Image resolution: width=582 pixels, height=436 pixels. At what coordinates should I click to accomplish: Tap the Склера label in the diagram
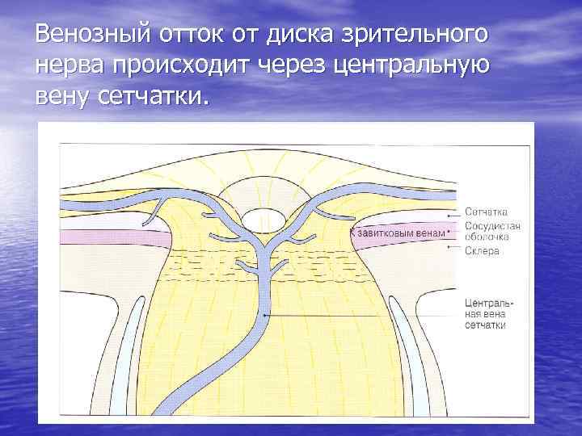click(x=482, y=251)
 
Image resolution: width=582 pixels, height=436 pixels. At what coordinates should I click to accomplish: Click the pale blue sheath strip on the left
click(x=118, y=355)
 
